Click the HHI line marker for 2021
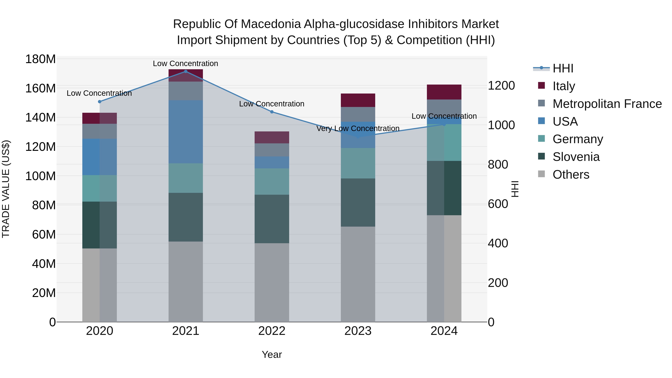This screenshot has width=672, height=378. click(186, 71)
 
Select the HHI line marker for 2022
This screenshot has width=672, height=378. click(272, 112)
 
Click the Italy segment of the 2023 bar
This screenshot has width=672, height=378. click(358, 100)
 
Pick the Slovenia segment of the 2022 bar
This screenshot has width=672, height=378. click(272, 219)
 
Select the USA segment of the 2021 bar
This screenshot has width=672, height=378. click(186, 132)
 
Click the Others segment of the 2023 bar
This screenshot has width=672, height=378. click(358, 274)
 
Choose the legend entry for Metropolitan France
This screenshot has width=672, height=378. click(607, 104)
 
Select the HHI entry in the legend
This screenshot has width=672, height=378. click(563, 68)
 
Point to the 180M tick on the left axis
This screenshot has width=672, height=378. click(41, 59)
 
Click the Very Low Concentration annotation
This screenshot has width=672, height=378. click(358, 128)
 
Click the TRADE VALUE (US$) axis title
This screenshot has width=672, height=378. click(6, 189)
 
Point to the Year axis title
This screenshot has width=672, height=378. click(272, 354)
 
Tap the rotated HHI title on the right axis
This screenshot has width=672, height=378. click(515, 189)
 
